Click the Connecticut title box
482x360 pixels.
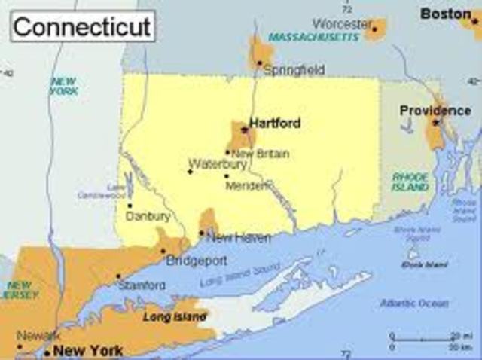(83, 26)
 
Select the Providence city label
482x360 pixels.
(435, 110)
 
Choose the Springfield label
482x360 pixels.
(294, 70)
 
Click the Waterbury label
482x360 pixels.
(217, 163)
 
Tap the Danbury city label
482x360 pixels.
(148, 216)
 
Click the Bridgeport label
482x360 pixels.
(197, 261)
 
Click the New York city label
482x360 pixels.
(88, 350)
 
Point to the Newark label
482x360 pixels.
(38, 335)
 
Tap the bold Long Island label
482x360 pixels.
(175, 317)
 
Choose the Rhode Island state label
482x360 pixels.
(410, 182)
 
